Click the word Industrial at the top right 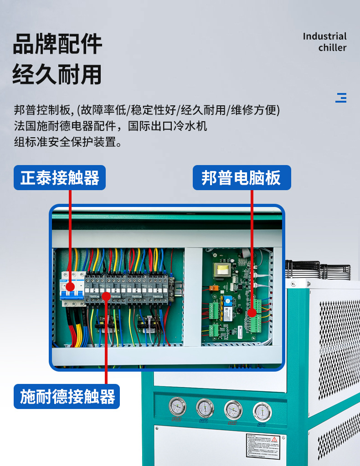pyautogui.click(x=324, y=36)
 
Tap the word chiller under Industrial pyautogui.click(x=332, y=48)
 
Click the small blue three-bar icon pyautogui.click(x=341, y=98)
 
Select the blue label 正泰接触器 pyautogui.click(x=60, y=177)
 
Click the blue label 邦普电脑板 pyautogui.click(x=241, y=177)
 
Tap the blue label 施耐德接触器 pyautogui.click(x=67, y=396)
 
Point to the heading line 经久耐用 pyautogui.click(x=57, y=74)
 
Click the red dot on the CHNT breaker pyautogui.click(x=70, y=287)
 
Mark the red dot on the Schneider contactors pyautogui.click(x=106, y=296)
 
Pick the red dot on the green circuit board pyautogui.click(x=252, y=313)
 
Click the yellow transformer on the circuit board pyautogui.click(x=223, y=270)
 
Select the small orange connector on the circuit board pyautogui.click(x=212, y=288)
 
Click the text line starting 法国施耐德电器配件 pyautogui.click(x=111, y=125)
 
